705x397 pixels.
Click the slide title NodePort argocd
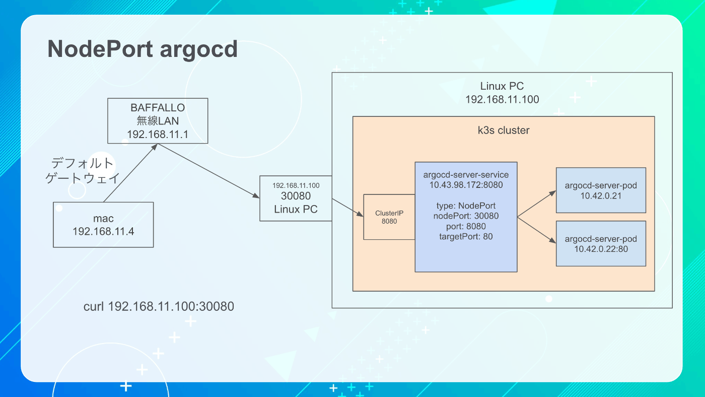(x=143, y=49)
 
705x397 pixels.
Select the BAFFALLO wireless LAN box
(x=158, y=121)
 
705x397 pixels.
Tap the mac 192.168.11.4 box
(x=103, y=225)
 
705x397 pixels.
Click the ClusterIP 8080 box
(x=389, y=217)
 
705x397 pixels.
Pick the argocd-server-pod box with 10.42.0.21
(x=601, y=190)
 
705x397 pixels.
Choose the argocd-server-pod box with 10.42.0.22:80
(x=601, y=244)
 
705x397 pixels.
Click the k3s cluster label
(x=504, y=130)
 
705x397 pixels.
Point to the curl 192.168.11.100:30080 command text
(x=159, y=306)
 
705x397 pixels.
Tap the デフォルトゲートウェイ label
(x=83, y=171)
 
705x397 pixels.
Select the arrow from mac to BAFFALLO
(x=130, y=173)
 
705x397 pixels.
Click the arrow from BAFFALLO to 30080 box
(x=208, y=171)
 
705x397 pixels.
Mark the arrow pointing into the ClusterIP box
(x=347, y=208)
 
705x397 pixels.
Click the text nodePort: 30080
(x=466, y=216)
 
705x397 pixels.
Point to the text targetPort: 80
(x=466, y=236)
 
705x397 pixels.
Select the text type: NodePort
(x=466, y=206)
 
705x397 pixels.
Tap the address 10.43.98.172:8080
(x=466, y=185)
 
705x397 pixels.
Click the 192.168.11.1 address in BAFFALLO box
(x=158, y=135)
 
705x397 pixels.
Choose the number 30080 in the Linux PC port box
(x=296, y=196)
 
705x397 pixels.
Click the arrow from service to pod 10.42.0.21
(x=537, y=204)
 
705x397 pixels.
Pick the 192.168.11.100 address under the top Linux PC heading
(x=502, y=99)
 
